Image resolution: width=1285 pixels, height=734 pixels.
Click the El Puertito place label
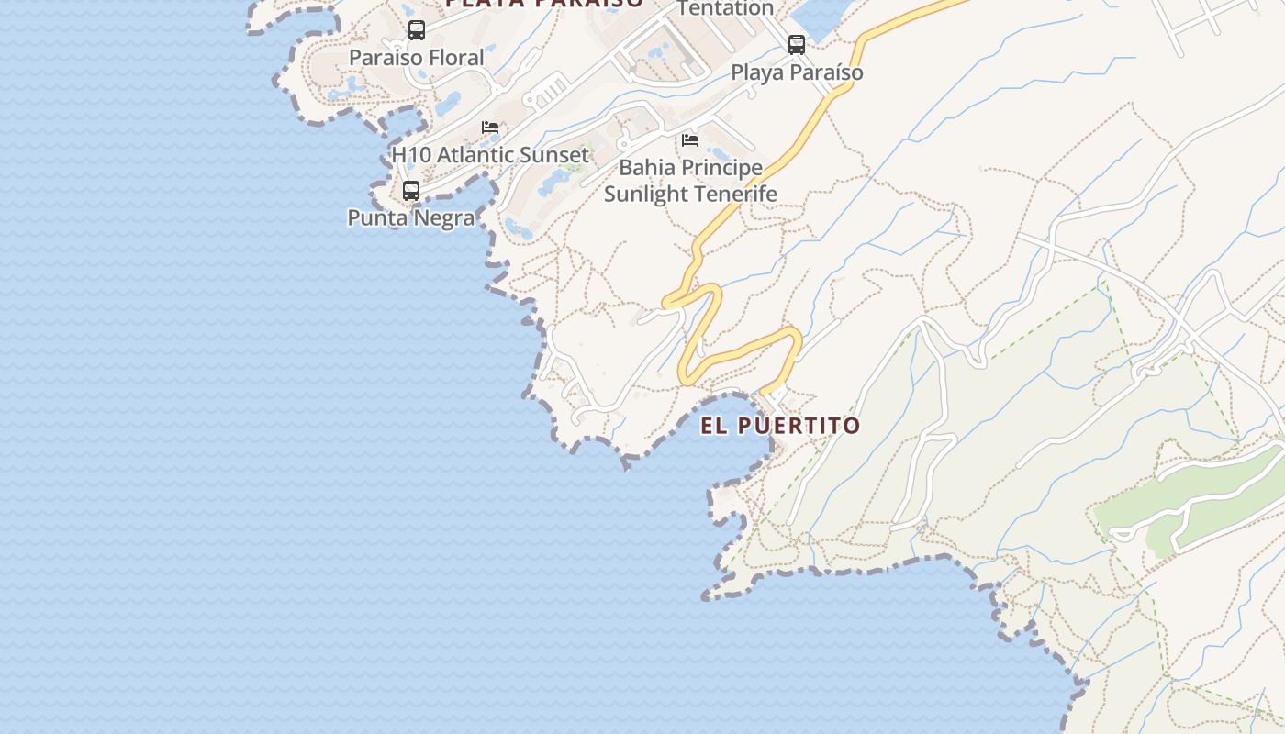coord(780,426)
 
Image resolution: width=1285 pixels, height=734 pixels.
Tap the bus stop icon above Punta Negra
coord(411,191)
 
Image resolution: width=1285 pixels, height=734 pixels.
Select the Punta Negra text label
coord(411,218)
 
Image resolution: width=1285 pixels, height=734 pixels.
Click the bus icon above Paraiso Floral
coord(417,30)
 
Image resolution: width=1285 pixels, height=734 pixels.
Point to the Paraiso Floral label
coord(416,58)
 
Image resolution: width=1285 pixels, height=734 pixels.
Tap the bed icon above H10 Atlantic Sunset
coord(490,128)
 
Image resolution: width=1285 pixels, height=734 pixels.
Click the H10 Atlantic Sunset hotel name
coord(490,155)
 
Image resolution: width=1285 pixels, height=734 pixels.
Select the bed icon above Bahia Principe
coord(690,140)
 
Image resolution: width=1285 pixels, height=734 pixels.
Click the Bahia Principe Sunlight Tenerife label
coord(690,181)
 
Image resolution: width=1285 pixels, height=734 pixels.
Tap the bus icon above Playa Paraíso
coord(797,44)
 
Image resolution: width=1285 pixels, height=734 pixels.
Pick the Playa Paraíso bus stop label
coord(797,72)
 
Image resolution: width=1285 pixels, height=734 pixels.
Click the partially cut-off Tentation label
coord(725,8)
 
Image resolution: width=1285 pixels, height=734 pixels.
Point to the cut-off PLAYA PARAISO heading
coord(544,4)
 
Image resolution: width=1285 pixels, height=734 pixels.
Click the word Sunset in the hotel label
coord(551,155)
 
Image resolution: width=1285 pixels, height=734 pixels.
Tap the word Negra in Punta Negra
coord(443,218)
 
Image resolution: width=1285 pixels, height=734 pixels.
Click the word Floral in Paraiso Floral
coord(453,58)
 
